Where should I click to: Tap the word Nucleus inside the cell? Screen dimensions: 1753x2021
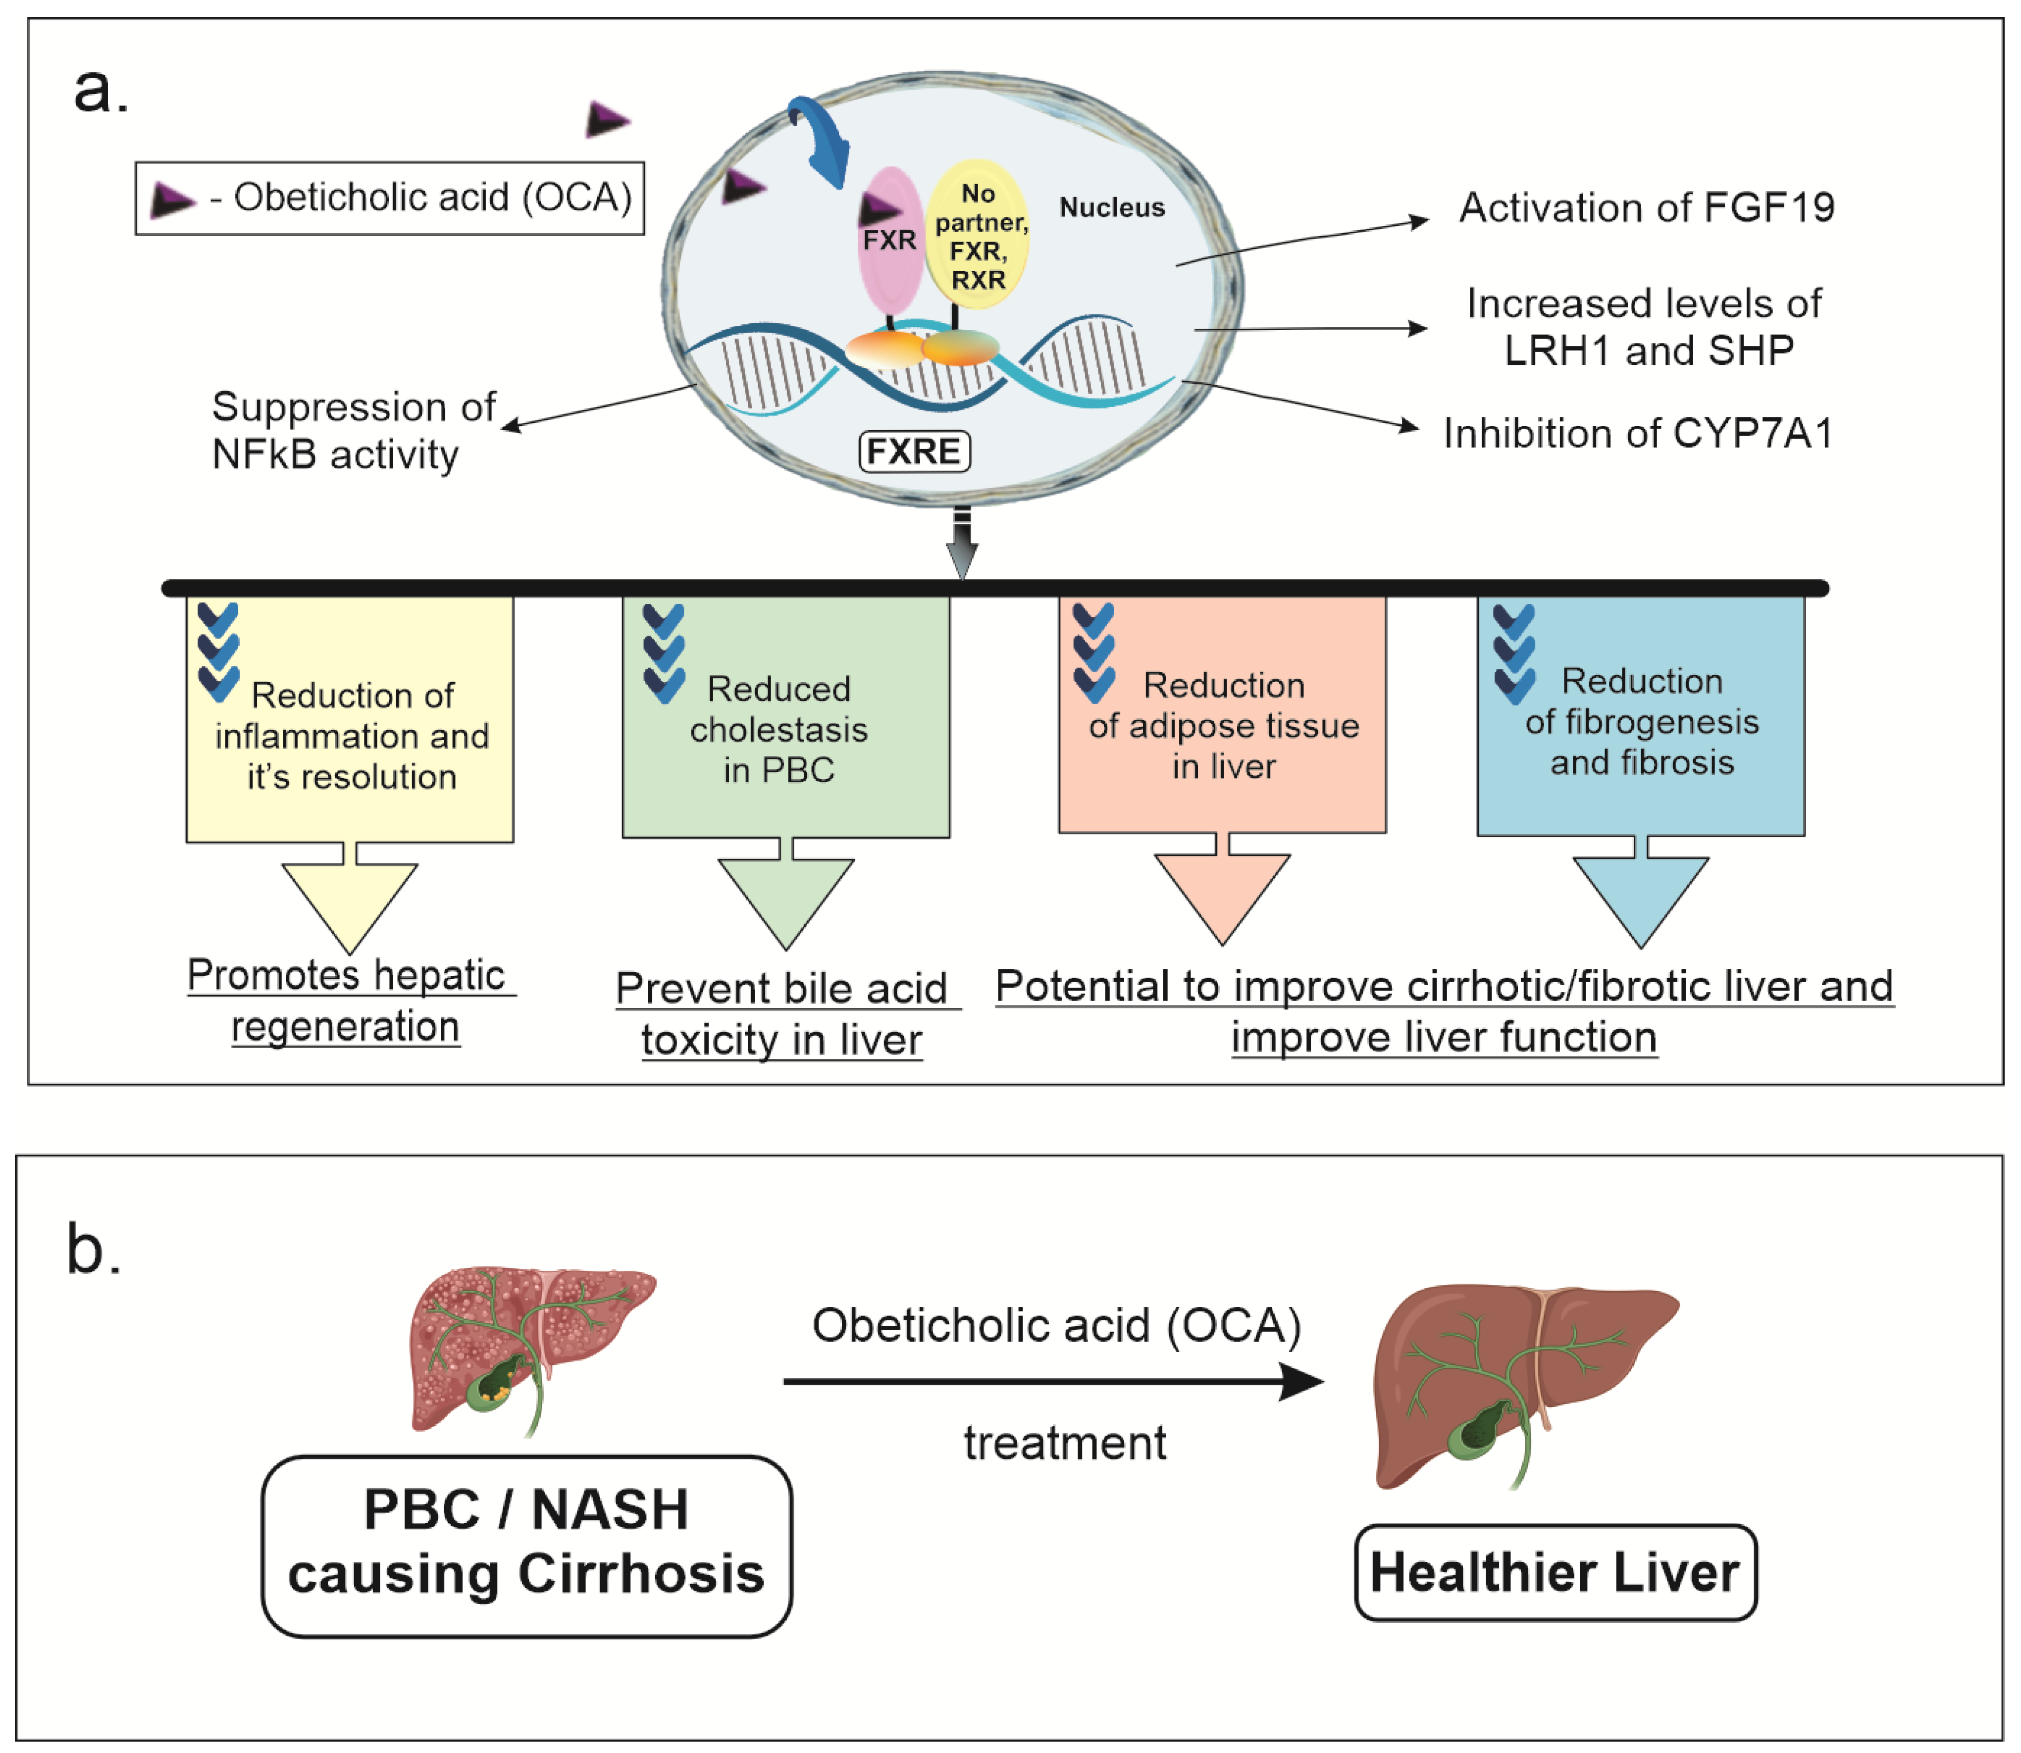click(x=1112, y=207)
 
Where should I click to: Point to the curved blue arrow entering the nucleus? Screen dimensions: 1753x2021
click(x=822, y=142)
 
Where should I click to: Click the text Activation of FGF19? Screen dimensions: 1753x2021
click(x=1646, y=207)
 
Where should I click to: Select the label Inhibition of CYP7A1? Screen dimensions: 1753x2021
click(x=1637, y=433)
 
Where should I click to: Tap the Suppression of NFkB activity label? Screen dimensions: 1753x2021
click(x=352, y=430)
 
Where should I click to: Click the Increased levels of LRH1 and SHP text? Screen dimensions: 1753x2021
click(x=1644, y=327)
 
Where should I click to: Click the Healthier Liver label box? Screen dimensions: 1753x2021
click(x=1555, y=1572)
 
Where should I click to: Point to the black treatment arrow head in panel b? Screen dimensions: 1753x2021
click(x=1301, y=1381)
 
